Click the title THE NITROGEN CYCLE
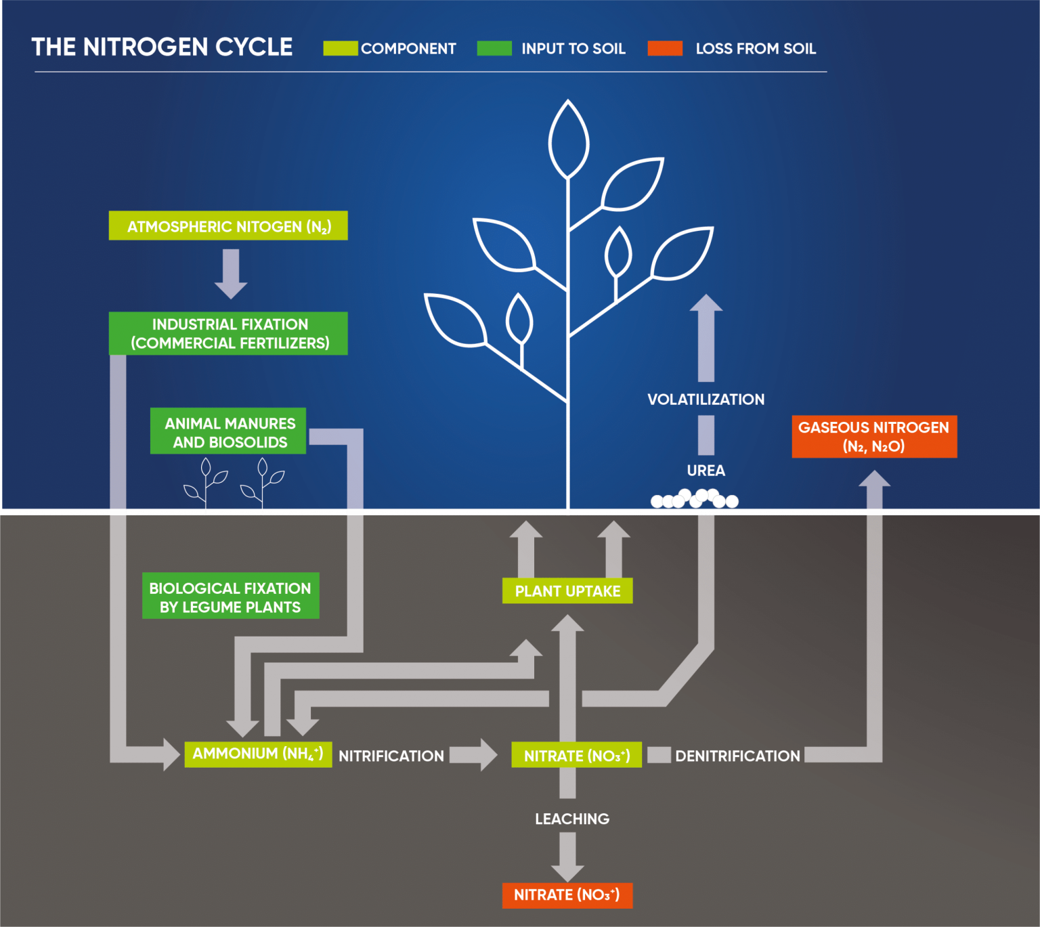(x=162, y=47)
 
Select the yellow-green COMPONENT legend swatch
(x=340, y=48)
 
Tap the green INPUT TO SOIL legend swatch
(x=494, y=48)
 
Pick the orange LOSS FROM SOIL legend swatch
(x=665, y=48)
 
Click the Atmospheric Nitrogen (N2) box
(x=228, y=226)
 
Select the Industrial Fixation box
(x=228, y=334)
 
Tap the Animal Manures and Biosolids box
(x=228, y=431)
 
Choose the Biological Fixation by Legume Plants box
(x=230, y=597)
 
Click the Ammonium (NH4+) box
(x=258, y=754)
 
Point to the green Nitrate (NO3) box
(x=576, y=755)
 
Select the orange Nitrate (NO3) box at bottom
(x=567, y=895)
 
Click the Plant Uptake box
(x=567, y=591)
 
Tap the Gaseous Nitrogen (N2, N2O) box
(x=874, y=437)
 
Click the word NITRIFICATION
(x=391, y=756)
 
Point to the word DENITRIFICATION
(x=737, y=756)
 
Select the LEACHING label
(x=572, y=819)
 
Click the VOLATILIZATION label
(x=706, y=400)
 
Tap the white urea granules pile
(x=695, y=498)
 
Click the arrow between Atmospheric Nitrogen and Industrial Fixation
(x=231, y=274)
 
